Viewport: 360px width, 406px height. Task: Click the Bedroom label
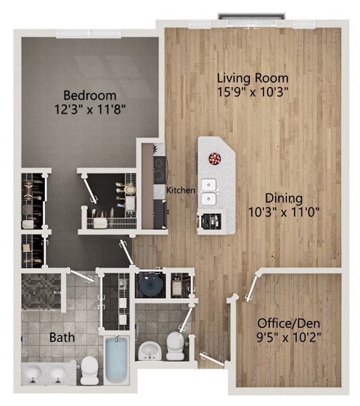pos(89,95)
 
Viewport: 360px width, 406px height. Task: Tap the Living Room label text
pos(253,77)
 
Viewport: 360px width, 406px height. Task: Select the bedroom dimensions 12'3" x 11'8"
pos(89,109)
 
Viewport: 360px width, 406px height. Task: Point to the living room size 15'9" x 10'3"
pos(253,91)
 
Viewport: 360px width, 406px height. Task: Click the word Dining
pos(283,198)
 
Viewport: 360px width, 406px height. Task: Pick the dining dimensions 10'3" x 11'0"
pos(283,212)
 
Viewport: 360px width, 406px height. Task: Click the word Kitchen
pos(181,190)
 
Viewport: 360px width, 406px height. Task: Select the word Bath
pos(61,337)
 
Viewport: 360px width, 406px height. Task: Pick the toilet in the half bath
pos(175,343)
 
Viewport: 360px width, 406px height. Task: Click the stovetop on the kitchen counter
pos(158,170)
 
